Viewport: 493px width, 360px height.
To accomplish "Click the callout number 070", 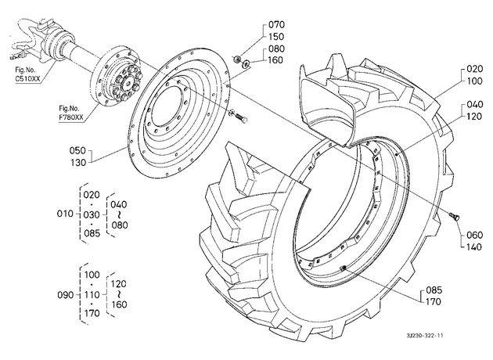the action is coord(276,24).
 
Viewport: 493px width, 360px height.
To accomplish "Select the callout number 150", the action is coord(276,37).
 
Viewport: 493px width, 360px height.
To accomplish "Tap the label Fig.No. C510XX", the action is coord(27,74).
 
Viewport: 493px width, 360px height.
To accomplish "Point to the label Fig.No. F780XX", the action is coord(71,113).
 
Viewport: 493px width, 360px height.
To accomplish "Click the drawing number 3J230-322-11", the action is coord(425,336).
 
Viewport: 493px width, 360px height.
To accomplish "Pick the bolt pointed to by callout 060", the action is coord(455,215).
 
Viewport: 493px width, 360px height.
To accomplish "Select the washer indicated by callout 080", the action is coord(246,64).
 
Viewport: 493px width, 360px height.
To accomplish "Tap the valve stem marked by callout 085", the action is coord(343,268).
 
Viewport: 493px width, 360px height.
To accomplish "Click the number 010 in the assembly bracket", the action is coord(65,214).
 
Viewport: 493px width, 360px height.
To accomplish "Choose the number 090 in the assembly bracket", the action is coord(66,295).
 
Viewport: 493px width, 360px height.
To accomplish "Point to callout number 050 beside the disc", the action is coord(77,150).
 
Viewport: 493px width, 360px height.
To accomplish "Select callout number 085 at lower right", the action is coord(434,290).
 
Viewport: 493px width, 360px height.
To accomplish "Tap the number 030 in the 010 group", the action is coord(92,215).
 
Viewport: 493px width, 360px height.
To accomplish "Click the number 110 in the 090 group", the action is coord(92,294).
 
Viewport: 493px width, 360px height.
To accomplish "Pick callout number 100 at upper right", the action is coord(474,81).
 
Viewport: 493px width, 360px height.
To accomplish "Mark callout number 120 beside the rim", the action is coord(474,117).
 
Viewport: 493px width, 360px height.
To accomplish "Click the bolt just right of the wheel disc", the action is coord(241,117).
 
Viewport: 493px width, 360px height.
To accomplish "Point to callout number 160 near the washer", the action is coord(275,59).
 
